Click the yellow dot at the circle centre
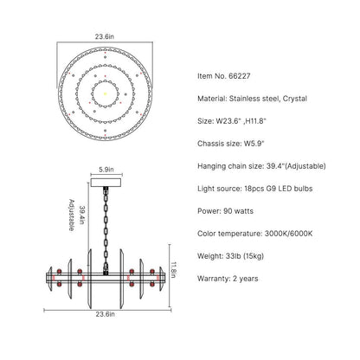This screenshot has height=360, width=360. [105, 93]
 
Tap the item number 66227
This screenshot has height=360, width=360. [240, 76]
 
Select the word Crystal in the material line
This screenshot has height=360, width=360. [294, 99]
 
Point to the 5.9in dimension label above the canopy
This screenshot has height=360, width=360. [106, 170]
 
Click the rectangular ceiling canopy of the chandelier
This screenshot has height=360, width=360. [106, 183]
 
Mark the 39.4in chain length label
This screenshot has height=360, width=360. [83, 215]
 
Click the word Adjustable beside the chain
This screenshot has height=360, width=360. [71, 215]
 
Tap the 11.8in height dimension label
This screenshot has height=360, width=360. [173, 270]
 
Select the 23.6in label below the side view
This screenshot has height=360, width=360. [105, 314]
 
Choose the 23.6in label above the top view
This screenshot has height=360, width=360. [105, 36]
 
